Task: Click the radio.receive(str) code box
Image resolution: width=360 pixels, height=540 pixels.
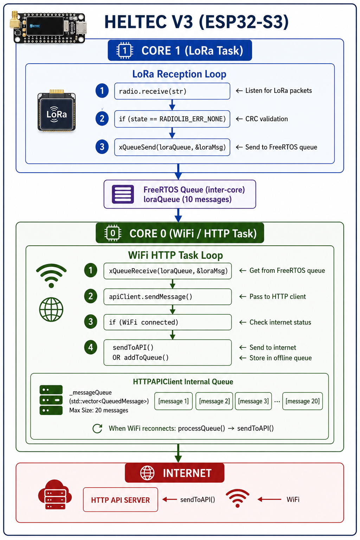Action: tap(172, 91)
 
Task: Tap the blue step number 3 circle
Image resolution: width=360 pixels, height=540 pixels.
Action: tap(102, 147)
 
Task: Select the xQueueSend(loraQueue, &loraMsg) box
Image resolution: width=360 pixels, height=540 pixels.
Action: tap(172, 147)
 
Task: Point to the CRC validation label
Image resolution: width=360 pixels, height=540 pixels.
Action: tap(266, 119)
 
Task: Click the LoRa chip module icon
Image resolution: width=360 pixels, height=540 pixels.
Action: tap(57, 111)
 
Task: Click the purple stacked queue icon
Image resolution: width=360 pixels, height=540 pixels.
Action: tap(123, 194)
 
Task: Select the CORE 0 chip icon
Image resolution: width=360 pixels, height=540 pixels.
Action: tap(112, 233)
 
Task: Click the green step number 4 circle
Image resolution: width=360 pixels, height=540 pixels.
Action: tap(91, 347)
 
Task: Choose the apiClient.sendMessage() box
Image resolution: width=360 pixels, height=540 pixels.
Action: tap(168, 296)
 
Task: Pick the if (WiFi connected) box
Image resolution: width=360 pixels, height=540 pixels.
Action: tap(168, 322)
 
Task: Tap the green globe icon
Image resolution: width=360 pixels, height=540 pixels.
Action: tap(51, 309)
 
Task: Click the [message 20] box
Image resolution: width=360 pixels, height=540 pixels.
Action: tap(302, 401)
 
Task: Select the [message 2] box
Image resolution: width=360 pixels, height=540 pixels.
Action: tap(214, 401)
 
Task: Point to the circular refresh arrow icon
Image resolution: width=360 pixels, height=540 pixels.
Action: tap(97, 429)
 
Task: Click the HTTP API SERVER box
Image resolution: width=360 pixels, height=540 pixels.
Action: tap(121, 500)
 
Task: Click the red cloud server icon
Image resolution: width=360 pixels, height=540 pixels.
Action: tap(55, 495)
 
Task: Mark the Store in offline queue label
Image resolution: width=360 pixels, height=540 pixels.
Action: tap(281, 358)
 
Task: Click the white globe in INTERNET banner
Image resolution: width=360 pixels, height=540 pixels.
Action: tap(147, 473)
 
